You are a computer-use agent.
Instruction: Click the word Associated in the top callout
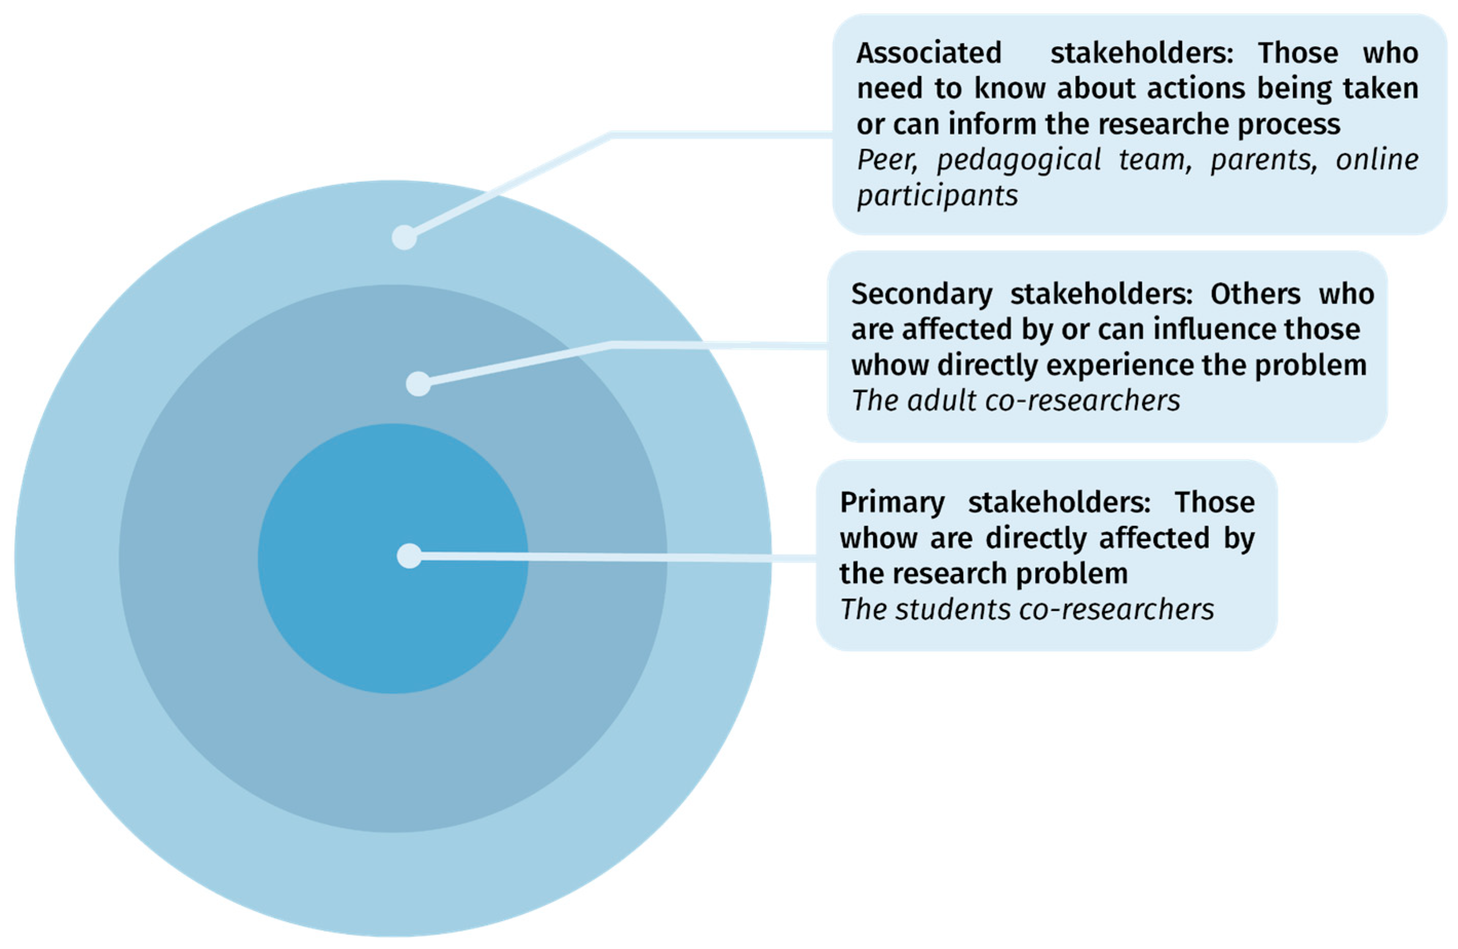click(x=929, y=53)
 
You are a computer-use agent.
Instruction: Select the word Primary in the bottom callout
click(x=892, y=503)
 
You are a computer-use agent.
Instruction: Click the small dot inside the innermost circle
click(x=409, y=556)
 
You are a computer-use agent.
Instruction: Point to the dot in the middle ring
click(x=418, y=384)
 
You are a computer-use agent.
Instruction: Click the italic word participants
click(x=937, y=196)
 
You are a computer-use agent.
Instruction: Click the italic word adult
click(x=942, y=401)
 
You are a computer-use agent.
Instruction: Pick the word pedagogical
click(x=1019, y=161)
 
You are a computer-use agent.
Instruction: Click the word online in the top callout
click(x=1377, y=161)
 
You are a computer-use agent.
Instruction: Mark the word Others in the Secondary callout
click(x=1255, y=294)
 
